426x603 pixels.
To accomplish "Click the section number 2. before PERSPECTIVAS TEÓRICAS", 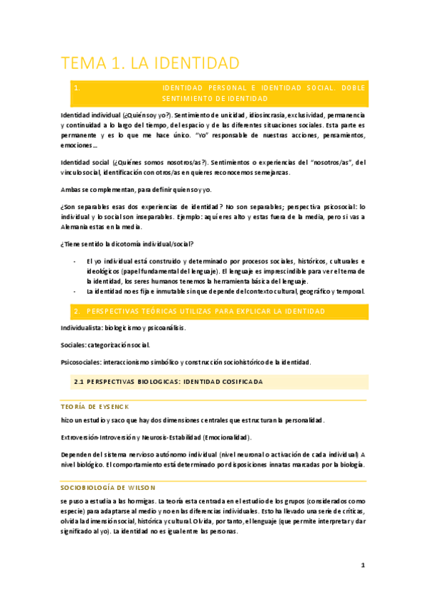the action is [76, 311].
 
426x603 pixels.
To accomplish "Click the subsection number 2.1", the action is [80, 382].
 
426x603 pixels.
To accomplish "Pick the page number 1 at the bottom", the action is [363, 565].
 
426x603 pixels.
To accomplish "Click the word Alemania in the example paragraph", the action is [76, 227].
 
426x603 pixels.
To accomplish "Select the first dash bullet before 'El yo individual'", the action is [75, 262].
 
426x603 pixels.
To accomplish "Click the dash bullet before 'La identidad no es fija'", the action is [75, 292].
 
